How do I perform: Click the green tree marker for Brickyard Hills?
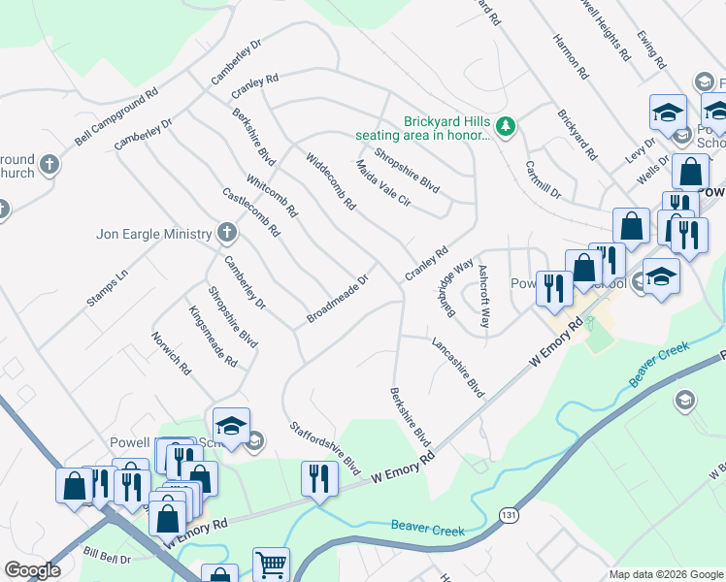[505, 125]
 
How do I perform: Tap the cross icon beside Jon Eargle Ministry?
[226, 233]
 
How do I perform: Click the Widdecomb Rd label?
[331, 181]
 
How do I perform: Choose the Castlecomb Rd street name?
[250, 212]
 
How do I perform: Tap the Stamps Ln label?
[107, 289]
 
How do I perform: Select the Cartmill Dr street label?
[544, 179]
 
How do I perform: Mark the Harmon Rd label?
[570, 57]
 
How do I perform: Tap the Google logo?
[32, 570]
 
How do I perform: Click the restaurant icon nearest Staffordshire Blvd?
[317, 478]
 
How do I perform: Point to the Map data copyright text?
[665, 574]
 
